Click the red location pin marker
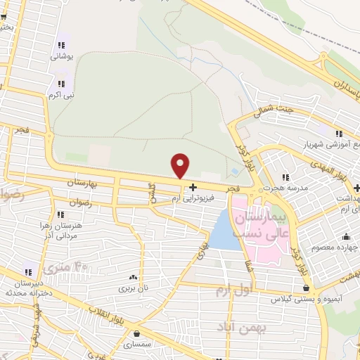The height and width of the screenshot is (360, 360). pos(181,165)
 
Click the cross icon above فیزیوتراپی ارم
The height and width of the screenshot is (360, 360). pos(193,188)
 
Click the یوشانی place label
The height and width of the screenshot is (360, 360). pos(61,58)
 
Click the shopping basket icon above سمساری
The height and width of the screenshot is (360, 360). pos(136,335)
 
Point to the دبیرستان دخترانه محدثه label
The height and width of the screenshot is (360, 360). pos(29,287)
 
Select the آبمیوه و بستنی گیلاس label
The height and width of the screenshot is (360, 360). pos(305,300)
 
